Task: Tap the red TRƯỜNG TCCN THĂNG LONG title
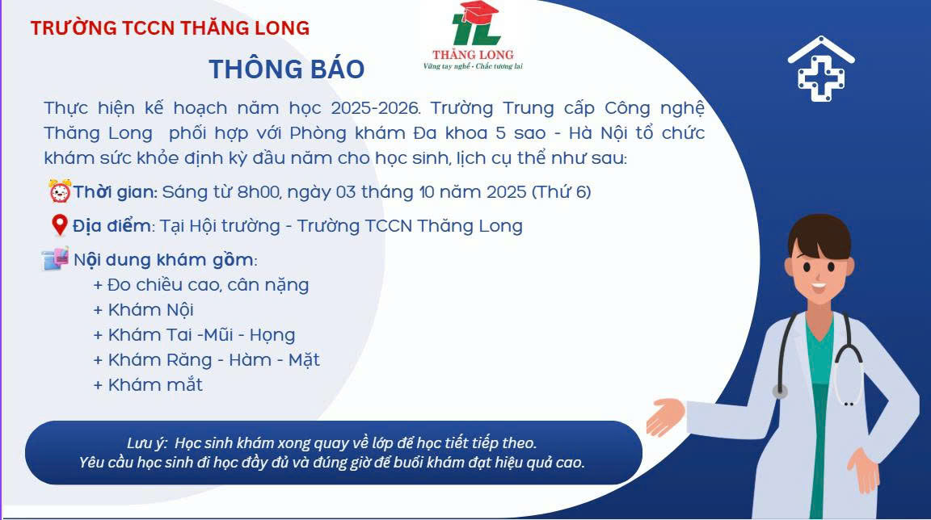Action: [x=170, y=28]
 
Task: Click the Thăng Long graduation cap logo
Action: [x=474, y=36]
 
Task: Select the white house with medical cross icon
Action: [x=821, y=69]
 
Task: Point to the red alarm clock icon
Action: [x=60, y=191]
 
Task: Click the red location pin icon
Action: [x=59, y=225]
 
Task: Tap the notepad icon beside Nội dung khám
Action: [x=55, y=258]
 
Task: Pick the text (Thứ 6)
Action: [x=562, y=192]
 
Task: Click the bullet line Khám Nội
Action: [x=144, y=309]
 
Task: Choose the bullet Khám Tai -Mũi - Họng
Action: [x=194, y=335]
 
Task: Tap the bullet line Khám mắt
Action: [x=148, y=385]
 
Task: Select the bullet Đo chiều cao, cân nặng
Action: [x=201, y=285]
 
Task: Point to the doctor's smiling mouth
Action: [x=819, y=286]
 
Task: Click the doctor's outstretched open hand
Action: [x=665, y=417]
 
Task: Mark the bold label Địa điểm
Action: [x=112, y=226]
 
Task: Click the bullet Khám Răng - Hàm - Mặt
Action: [x=207, y=360]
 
